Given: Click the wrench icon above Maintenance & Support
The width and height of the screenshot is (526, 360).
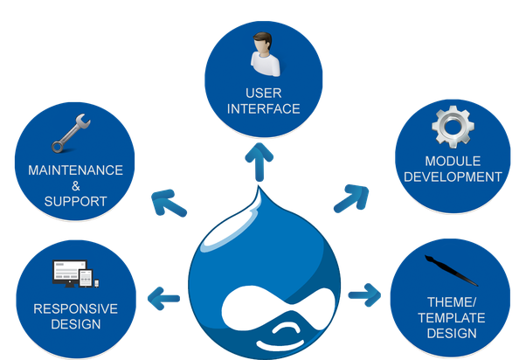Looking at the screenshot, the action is click(x=71, y=133).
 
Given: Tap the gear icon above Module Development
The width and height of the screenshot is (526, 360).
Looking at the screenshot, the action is click(x=453, y=127).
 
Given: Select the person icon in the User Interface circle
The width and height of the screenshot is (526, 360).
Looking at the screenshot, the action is click(x=266, y=54).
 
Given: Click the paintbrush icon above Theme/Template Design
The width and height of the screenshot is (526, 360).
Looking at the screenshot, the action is click(x=451, y=270).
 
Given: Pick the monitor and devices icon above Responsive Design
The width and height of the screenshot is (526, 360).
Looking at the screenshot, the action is click(x=76, y=273).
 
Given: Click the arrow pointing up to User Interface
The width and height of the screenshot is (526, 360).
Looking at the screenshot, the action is click(x=259, y=162).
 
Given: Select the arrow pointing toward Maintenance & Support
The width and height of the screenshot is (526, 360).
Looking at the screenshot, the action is click(x=169, y=203).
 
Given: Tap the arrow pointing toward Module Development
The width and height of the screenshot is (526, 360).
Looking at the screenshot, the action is click(x=351, y=198).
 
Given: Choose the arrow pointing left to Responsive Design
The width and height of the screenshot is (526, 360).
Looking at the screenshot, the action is click(x=163, y=298).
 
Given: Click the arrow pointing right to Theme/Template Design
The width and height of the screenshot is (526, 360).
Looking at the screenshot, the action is click(x=364, y=295).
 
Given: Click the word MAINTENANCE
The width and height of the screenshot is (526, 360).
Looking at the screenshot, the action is click(x=75, y=170).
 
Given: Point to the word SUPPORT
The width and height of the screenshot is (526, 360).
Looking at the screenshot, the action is click(x=75, y=202).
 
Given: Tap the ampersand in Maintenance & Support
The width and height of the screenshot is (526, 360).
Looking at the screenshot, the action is click(x=76, y=186).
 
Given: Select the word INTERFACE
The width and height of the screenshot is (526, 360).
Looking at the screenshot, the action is click(x=264, y=109).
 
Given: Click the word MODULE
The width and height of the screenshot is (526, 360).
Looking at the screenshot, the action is click(x=453, y=162).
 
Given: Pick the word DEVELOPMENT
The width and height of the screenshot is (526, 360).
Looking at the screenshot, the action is click(x=453, y=177).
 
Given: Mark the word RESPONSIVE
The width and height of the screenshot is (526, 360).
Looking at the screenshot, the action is click(x=76, y=309).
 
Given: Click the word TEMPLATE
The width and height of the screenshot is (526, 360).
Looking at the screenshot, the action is click(x=452, y=318).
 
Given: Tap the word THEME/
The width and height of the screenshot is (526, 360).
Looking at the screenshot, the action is click(x=452, y=302).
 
